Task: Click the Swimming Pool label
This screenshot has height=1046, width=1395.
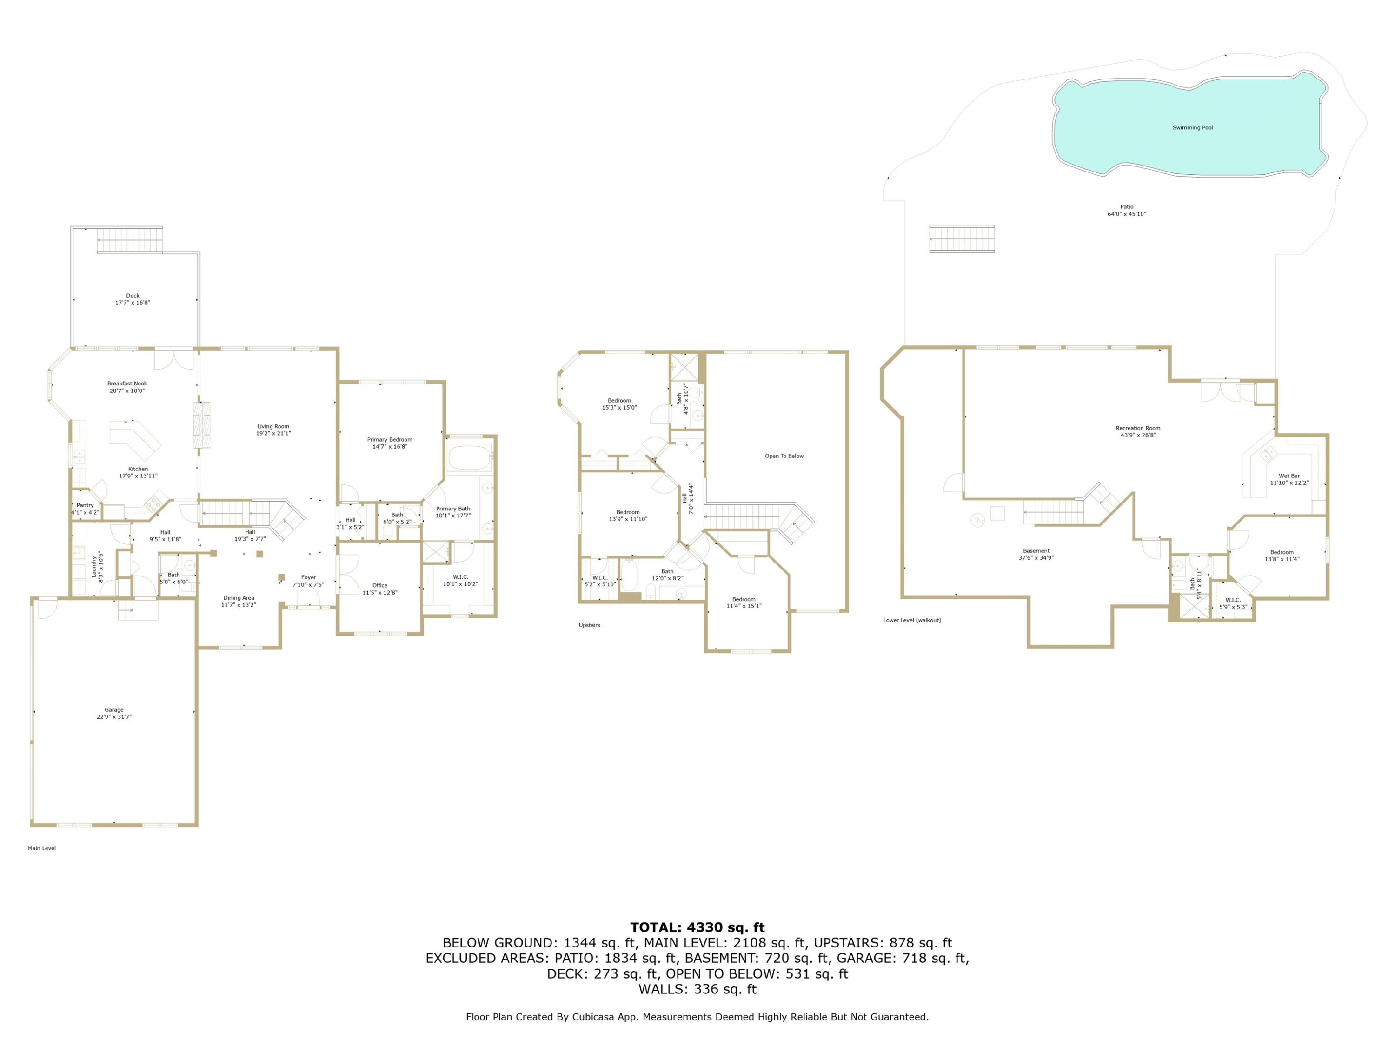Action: [1193, 128]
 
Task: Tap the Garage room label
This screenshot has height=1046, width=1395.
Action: [114, 713]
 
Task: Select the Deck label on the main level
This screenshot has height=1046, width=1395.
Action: [133, 299]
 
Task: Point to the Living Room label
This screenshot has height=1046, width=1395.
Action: [273, 430]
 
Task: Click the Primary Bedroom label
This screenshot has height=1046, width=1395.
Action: [390, 443]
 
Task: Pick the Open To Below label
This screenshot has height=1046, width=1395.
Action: [784, 456]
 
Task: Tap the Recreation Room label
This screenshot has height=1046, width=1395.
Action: [1138, 431]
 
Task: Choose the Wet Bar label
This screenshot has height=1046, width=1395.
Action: [1289, 479]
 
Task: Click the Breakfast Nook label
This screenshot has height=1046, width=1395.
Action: [127, 386]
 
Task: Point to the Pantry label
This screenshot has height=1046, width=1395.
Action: [85, 509]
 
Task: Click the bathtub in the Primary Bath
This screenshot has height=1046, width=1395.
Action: [469, 458]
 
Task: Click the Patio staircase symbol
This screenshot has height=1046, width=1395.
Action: [962, 239]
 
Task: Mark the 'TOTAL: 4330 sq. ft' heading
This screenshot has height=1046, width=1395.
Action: [697, 927]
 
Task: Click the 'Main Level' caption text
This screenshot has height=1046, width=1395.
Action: [42, 848]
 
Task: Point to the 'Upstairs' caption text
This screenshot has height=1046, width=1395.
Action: [590, 625]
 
